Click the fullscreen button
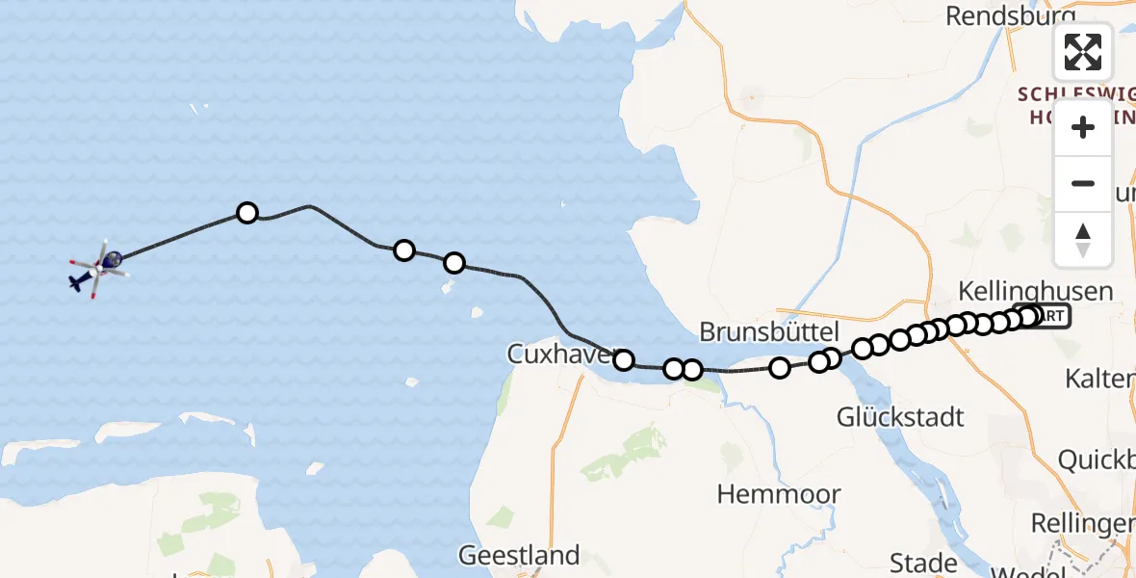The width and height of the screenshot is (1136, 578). (x=1083, y=52)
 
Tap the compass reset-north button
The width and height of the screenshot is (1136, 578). (x=1083, y=240)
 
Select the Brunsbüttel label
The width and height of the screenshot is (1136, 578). (x=768, y=332)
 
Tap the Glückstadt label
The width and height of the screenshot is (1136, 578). (x=900, y=417)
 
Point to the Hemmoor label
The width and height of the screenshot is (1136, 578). (x=779, y=494)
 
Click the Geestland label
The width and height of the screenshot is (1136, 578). (x=519, y=556)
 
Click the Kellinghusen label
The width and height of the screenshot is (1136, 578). (x=1036, y=291)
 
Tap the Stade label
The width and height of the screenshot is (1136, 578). (x=923, y=562)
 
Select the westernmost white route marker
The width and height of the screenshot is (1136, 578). (x=247, y=213)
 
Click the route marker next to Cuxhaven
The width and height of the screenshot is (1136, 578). (x=624, y=360)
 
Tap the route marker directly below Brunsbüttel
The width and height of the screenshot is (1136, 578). (x=780, y=367)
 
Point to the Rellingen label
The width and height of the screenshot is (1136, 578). (x=1082, y=523)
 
